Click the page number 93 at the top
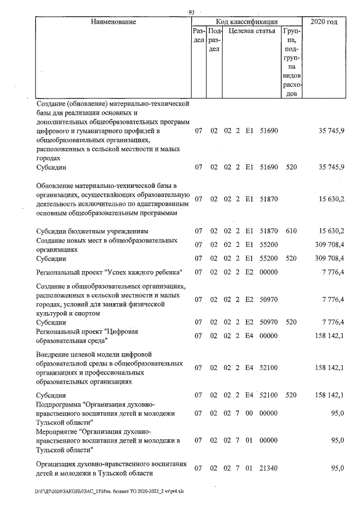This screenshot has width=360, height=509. coord(191,12)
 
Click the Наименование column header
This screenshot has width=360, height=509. coord(113,22)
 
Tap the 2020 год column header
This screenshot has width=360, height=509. coord(328,22)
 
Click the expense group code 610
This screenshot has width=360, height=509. coord(291,231)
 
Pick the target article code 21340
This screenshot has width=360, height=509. coord(269,468)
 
